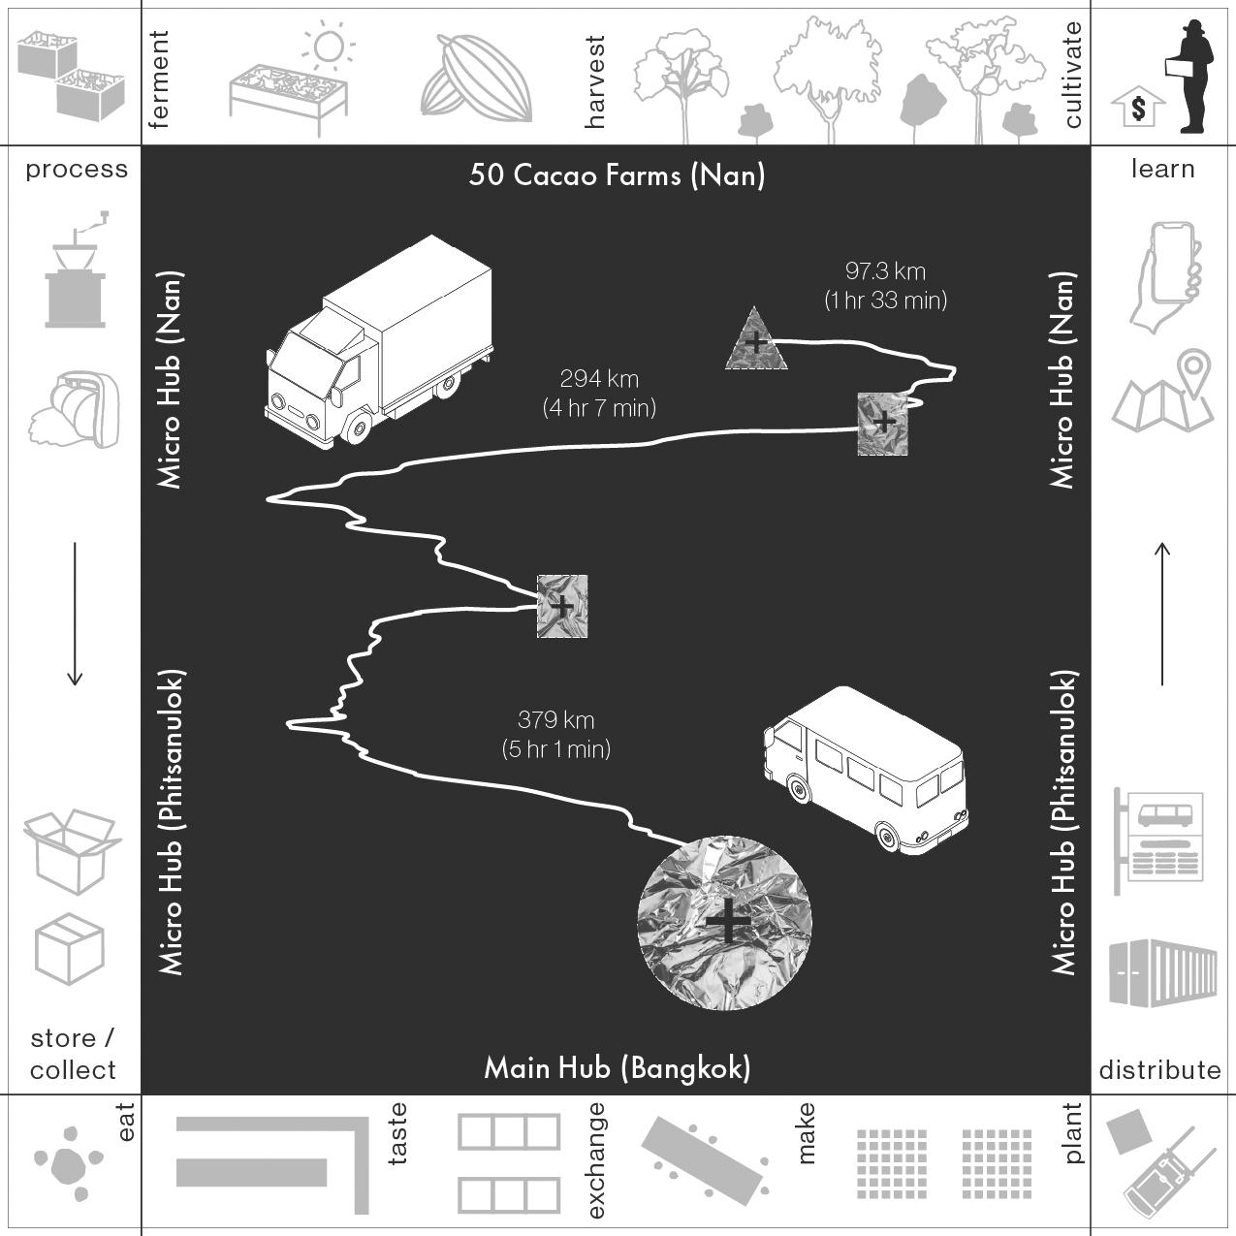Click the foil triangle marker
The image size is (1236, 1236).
pos(755,341)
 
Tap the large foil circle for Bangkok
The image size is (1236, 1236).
pos(725,923)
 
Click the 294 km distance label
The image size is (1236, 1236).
pos(600,394)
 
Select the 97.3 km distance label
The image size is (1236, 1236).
pos(886,285)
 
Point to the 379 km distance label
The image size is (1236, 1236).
pos(556,735)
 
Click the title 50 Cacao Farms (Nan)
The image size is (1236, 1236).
pos(617,175)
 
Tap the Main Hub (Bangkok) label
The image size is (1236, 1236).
pos(618,1068)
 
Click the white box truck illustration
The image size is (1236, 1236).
pos(379,342)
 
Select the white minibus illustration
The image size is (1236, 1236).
pos(866,770)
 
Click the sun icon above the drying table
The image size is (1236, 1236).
pos(329,47)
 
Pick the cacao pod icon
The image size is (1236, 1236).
pos(476,79)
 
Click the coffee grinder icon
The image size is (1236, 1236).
pos(76,269)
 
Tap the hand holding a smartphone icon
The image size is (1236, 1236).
pos(1165,277)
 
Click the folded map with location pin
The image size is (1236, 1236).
pos(1163,391)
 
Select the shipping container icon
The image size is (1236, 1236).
pos(1162,973)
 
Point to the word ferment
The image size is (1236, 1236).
pos(158,79)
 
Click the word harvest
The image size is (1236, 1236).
pos(594,82)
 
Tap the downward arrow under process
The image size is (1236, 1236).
pos(75,614)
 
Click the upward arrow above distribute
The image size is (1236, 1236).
pos(1162,614)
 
